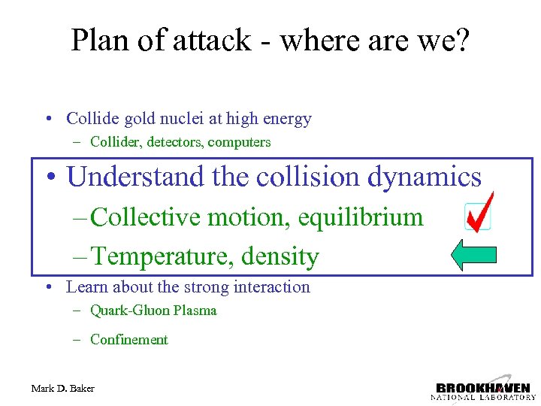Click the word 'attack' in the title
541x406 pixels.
tap(212, 40)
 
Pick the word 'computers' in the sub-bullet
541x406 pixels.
tap(239, 142)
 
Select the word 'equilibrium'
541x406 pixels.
tap(361, 217)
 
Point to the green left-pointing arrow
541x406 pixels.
tap(473, 256)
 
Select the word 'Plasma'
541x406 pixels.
tap(195, 311)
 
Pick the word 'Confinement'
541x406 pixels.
tap(128, 340)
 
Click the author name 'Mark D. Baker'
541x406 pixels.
tap(63, 388)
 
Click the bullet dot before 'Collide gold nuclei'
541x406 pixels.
tap(47, 120)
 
